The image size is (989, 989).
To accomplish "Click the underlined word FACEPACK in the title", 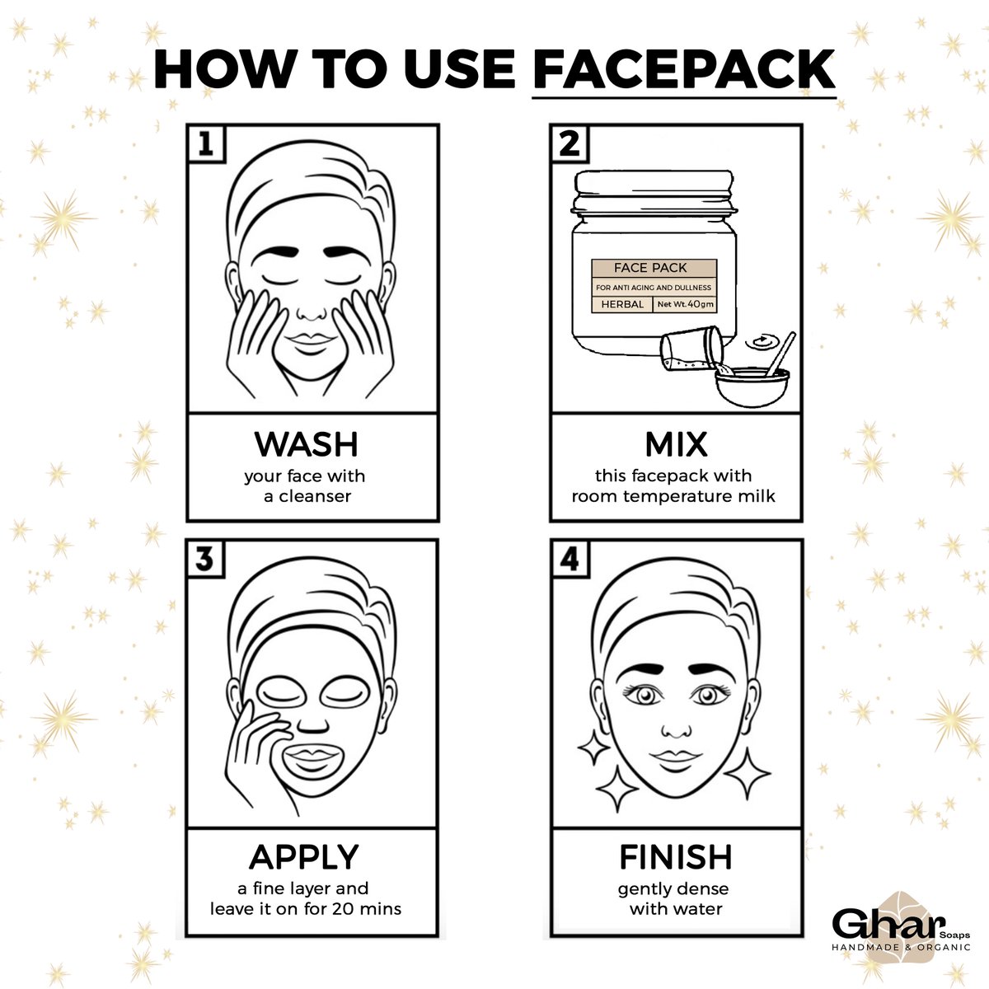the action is [x=684, y=70].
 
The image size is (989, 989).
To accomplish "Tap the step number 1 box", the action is [x=206, y=144].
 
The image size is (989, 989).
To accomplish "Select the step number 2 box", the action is [x=569, y=144].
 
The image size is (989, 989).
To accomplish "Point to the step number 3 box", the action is [x=205, y=559].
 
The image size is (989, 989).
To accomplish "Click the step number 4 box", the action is [x=569, y=559].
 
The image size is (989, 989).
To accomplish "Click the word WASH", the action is [x=307, y=444].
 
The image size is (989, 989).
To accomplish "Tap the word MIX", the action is [x=676, y=444].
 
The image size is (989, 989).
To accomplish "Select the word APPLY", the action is [x=304, y=858].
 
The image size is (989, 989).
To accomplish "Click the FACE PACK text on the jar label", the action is [x=650, y=268].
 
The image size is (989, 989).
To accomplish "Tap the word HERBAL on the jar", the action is [x=622, y=304].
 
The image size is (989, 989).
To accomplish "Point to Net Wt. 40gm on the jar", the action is [x=685, y=304].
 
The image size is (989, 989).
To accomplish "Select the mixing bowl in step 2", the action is [x=752, y=387].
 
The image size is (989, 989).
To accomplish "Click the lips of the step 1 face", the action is [x=310, y=344].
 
